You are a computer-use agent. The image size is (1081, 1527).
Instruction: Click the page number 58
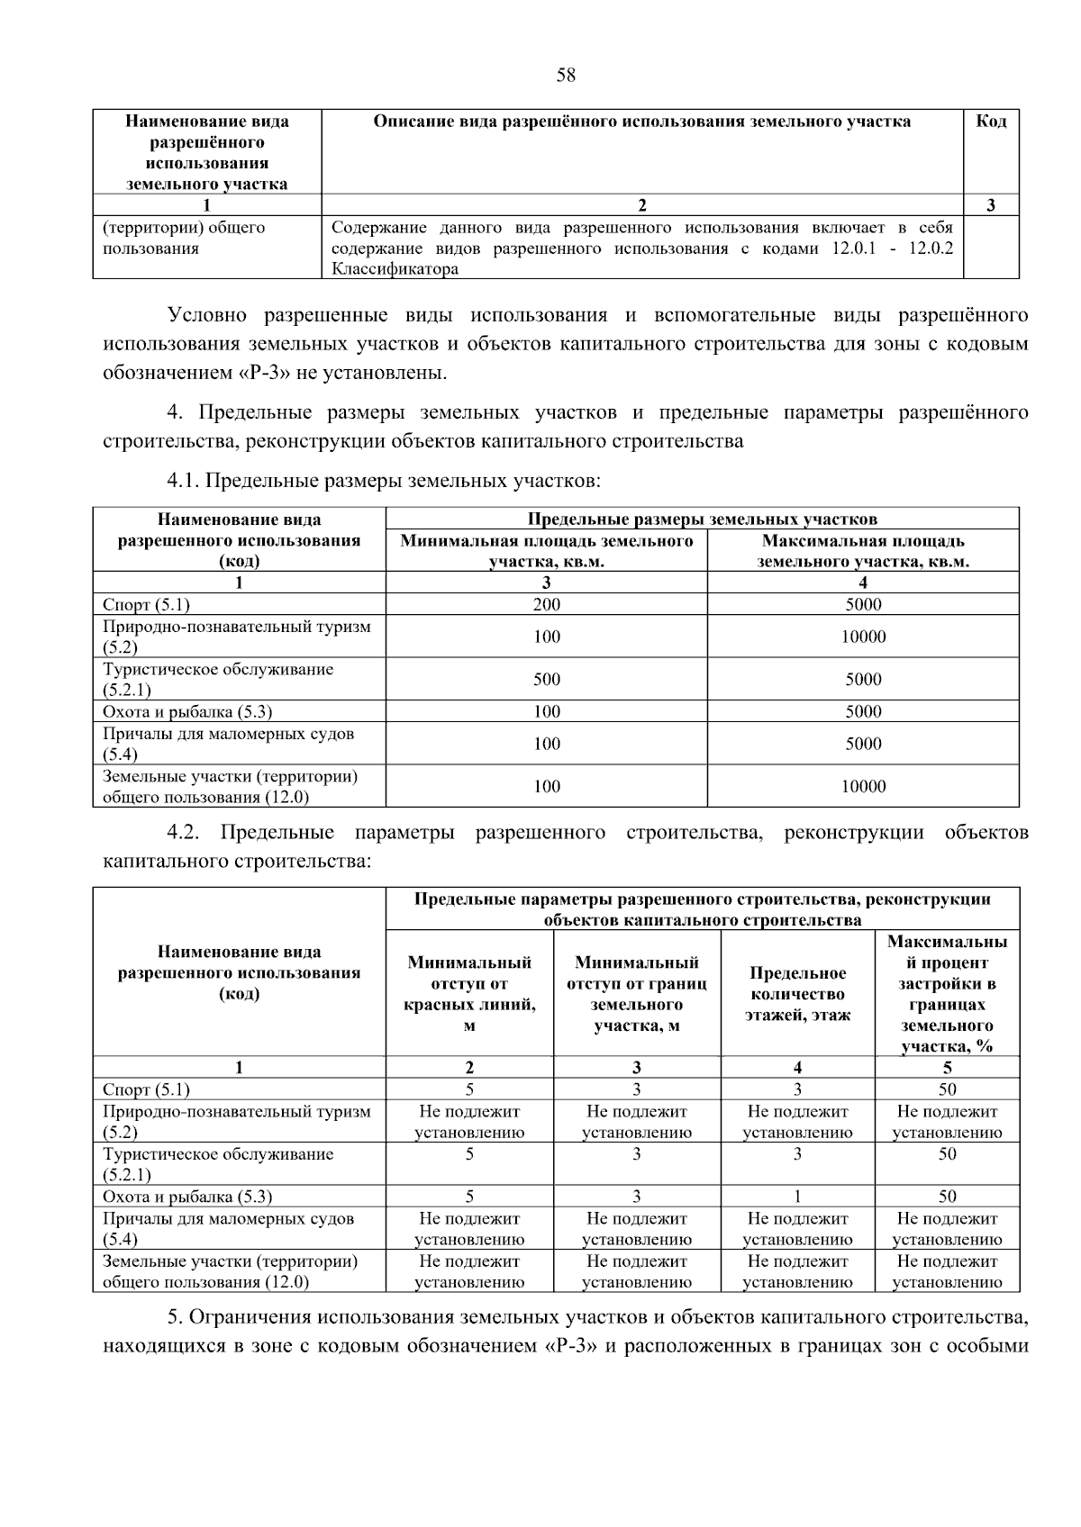pos(566,76)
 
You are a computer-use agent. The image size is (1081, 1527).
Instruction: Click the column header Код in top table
pos(991,122)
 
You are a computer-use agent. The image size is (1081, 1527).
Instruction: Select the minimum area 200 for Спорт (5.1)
pos(546,605)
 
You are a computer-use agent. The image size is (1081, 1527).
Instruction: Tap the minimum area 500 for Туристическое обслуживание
pos(546,680)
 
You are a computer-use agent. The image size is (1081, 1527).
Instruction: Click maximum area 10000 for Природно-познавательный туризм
pos(863,637)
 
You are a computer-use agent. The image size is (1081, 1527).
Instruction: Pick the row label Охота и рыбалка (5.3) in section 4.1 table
pos(187,712)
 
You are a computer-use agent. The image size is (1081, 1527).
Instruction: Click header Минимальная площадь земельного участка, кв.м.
pos(546,551)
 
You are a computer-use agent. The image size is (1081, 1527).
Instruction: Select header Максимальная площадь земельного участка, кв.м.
pos(863,551)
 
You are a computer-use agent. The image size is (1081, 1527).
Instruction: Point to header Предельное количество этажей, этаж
pos(797,994)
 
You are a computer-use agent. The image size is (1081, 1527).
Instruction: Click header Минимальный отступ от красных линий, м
pos(469,994)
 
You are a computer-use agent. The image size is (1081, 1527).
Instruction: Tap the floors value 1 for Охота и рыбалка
pos(797,1197)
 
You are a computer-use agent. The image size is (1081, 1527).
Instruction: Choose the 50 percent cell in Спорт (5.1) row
pos(947,1089)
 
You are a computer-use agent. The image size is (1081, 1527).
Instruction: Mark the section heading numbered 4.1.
pos(384,482)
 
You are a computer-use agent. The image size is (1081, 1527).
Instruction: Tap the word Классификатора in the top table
pos(395,268)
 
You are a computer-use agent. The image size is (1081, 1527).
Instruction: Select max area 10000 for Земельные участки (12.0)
pos(863,787)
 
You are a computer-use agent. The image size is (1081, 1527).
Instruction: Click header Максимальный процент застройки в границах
pos(947,994)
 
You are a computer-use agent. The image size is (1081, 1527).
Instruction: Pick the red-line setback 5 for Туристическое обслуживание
pos(469,1154)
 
